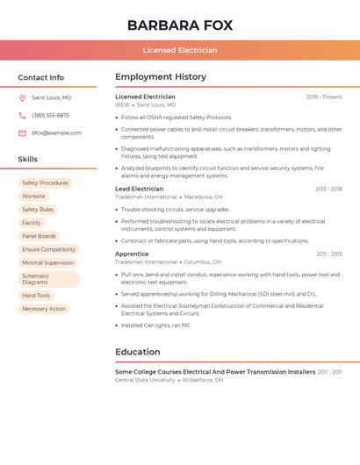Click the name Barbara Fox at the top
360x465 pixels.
coord(179,25)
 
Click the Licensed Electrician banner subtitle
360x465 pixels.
coord(179,50)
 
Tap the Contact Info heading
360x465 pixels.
coord(40,77)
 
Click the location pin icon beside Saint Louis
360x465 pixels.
coord(22,98)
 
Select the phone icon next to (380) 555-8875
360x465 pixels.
coord(22,116)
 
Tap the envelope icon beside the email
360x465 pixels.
coord(22,133)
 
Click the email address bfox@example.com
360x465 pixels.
coord(56,133)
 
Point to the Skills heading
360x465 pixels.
coord(28,160)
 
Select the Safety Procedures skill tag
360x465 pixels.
coord(45,183)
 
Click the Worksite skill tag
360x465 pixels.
coord(33,197)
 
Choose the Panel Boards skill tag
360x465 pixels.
coord(39,236)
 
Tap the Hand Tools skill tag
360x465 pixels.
coord(36,296)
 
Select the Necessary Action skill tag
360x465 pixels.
coord(44,309)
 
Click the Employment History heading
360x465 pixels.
coord(161,77)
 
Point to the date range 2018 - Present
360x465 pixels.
coord(324,97)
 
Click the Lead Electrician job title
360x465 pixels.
coord(139,189)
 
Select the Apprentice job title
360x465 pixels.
coord(132,254)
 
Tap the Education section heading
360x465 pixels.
coord(138,352)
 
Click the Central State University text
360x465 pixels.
coord(145,380)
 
